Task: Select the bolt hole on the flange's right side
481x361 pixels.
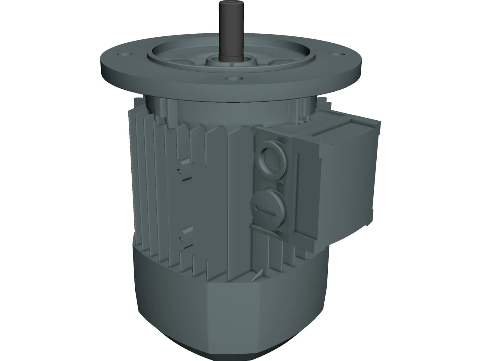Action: [337, 55]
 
